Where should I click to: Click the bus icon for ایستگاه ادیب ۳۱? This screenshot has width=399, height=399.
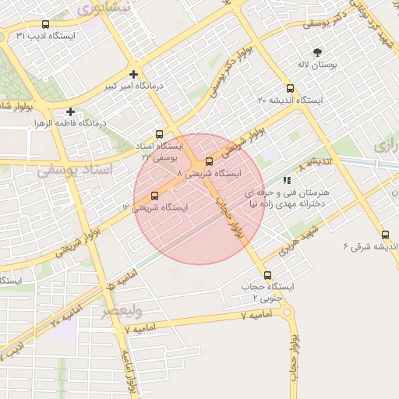click(x=44, y=25)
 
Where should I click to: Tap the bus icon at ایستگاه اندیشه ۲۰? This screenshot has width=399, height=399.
click(x=291, y=88)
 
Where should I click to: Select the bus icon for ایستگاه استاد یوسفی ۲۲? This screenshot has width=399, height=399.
click(x=160, y=134)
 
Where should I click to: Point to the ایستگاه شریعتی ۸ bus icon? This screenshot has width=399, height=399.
click(x=209, y=161)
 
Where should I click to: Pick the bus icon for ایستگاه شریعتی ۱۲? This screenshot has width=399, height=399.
click(x=154, y=196)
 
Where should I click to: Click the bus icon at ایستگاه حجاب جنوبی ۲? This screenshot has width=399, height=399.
click(x=268, y=275)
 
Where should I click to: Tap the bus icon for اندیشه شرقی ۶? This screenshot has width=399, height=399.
click(x=385, y=235)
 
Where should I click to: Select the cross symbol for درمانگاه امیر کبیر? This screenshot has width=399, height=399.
click(x=134, y=76)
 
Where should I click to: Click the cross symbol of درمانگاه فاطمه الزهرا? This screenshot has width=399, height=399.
click(x=71, y=111)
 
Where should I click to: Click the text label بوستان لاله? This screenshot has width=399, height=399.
click(x=317, y=66)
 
